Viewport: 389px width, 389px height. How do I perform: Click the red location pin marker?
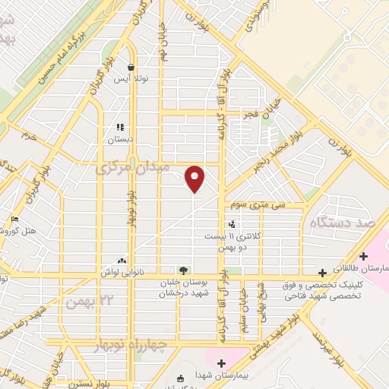(x=195, y=178)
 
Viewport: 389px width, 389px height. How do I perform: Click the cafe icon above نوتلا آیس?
(x=131, y=67)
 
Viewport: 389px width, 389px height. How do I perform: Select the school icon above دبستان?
(x=119, y=128)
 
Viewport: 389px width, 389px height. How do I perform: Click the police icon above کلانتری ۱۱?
(x=232, y=224)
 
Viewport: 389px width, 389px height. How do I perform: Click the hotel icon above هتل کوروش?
(x=14, y=220)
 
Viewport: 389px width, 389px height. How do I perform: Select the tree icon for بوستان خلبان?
(x=182, y=269)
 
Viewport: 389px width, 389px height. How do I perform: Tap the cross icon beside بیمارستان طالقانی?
(x=323, y=271)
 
